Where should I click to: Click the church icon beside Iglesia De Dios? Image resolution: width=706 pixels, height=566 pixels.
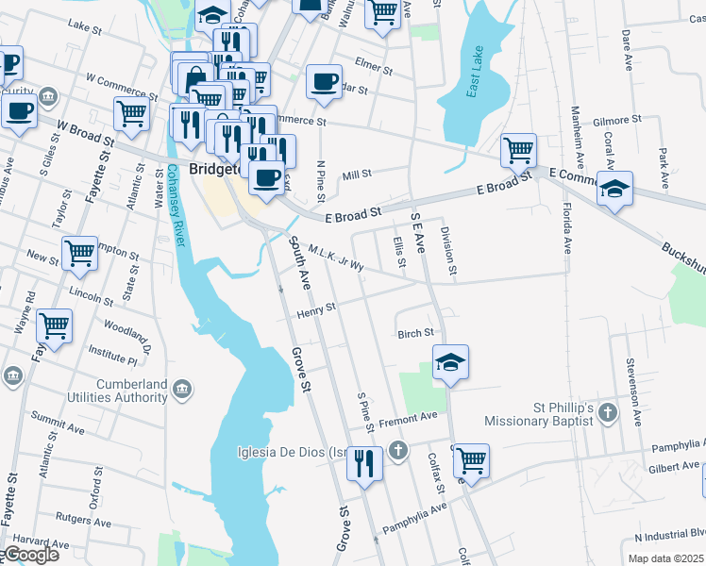coord(398,451)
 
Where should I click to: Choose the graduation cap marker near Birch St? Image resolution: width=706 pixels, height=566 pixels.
coord(451,361)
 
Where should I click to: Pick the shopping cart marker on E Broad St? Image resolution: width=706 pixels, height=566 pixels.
coord(518,148)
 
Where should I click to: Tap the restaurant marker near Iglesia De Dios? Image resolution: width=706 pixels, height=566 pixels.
coord(364,463)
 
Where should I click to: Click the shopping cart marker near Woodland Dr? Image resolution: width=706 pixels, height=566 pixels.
coord(54,326)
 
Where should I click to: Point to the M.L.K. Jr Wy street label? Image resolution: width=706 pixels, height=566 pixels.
coord(336,258)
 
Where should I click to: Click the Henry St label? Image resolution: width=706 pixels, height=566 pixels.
coord(317,309)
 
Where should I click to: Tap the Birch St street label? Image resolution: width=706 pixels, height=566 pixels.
coord(415,333)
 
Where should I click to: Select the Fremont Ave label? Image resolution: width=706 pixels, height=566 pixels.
coord(408,416)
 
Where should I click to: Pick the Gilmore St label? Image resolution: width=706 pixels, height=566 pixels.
coord(617,121)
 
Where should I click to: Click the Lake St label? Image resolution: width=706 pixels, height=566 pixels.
coord(85,29)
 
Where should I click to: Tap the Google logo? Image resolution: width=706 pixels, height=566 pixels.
coord(29,555)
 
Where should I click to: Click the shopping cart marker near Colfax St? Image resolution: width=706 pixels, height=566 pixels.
coord(470,460)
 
